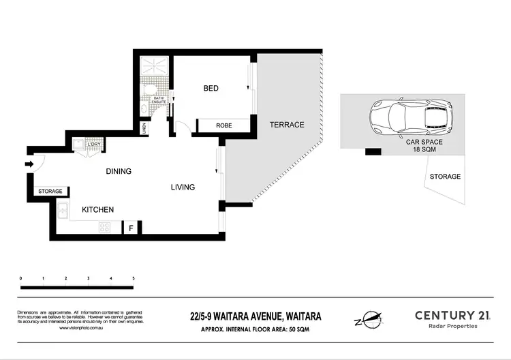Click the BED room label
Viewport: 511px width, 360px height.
[211, 89]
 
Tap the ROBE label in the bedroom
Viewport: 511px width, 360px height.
[224, 125]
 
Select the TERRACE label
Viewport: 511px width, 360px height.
[287, 125]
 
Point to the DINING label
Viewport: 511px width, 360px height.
[118, 171]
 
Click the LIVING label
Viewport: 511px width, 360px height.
[183, 187]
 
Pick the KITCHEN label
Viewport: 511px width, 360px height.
[98, 209]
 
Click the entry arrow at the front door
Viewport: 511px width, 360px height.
[28, 164]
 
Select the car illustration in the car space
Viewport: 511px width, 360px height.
[412, 117]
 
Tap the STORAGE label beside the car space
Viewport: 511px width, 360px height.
[445, 177]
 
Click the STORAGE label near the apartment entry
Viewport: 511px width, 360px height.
[50, 191]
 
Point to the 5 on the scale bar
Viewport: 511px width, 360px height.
[133, 278]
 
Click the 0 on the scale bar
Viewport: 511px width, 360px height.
[21, 278]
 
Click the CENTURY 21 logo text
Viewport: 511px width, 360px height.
[452, 315]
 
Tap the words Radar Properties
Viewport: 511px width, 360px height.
[452, 327]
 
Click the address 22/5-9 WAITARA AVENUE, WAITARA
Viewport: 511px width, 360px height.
[255, 316]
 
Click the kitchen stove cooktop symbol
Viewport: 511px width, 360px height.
[105, 228]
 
